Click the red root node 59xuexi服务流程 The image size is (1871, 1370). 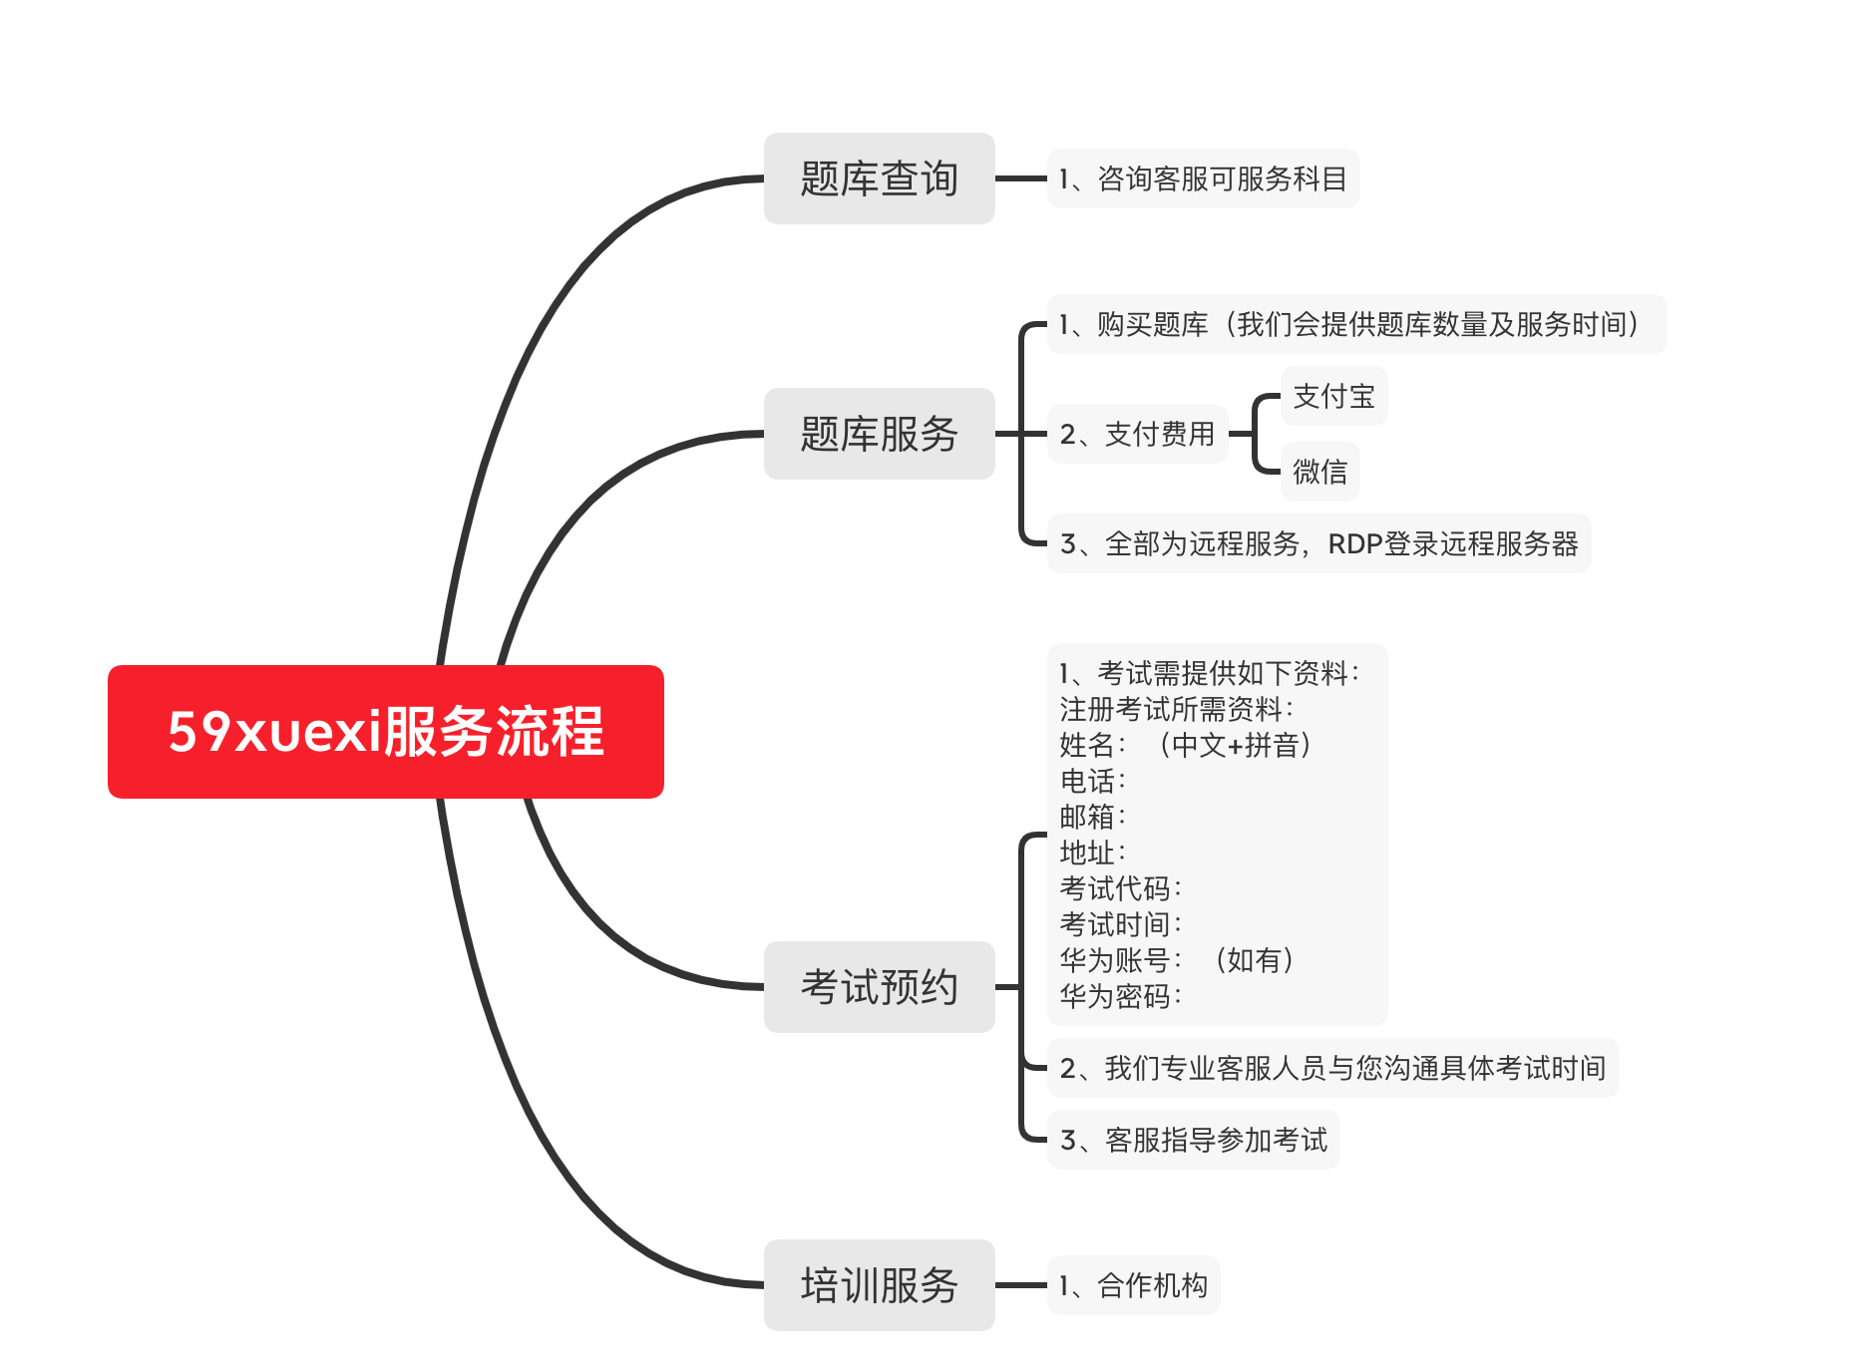click(385, 731)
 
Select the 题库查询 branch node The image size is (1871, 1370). click(879, 178)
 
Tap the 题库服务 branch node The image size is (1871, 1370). click(879, 434)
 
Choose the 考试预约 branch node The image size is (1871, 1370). click(879, 986)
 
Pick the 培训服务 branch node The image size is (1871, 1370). click(879, 1284)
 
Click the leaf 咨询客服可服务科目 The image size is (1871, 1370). click(1203, 178)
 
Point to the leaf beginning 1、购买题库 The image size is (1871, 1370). click(1355, 324)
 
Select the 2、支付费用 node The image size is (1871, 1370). click(1137, 434)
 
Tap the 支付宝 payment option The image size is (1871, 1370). click(1333, 396)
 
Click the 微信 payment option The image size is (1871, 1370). click(1319, 471)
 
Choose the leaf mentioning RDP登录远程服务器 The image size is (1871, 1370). click(1318, 543)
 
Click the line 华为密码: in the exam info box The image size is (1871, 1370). click(1120, 995)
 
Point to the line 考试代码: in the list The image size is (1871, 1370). click(1120, 887)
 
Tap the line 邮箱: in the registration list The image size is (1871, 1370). click(1092, 816)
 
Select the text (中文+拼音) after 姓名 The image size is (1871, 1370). click(1235, 745)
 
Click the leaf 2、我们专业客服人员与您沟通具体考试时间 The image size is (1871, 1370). click(1332, 1068)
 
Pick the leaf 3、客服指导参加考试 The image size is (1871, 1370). click(1193, 1140)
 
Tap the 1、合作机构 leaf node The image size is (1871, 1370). click(1133, 1285)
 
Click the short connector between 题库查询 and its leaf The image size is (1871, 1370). click(1020, 178)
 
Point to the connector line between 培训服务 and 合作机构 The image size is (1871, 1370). click(1020, 1285)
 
